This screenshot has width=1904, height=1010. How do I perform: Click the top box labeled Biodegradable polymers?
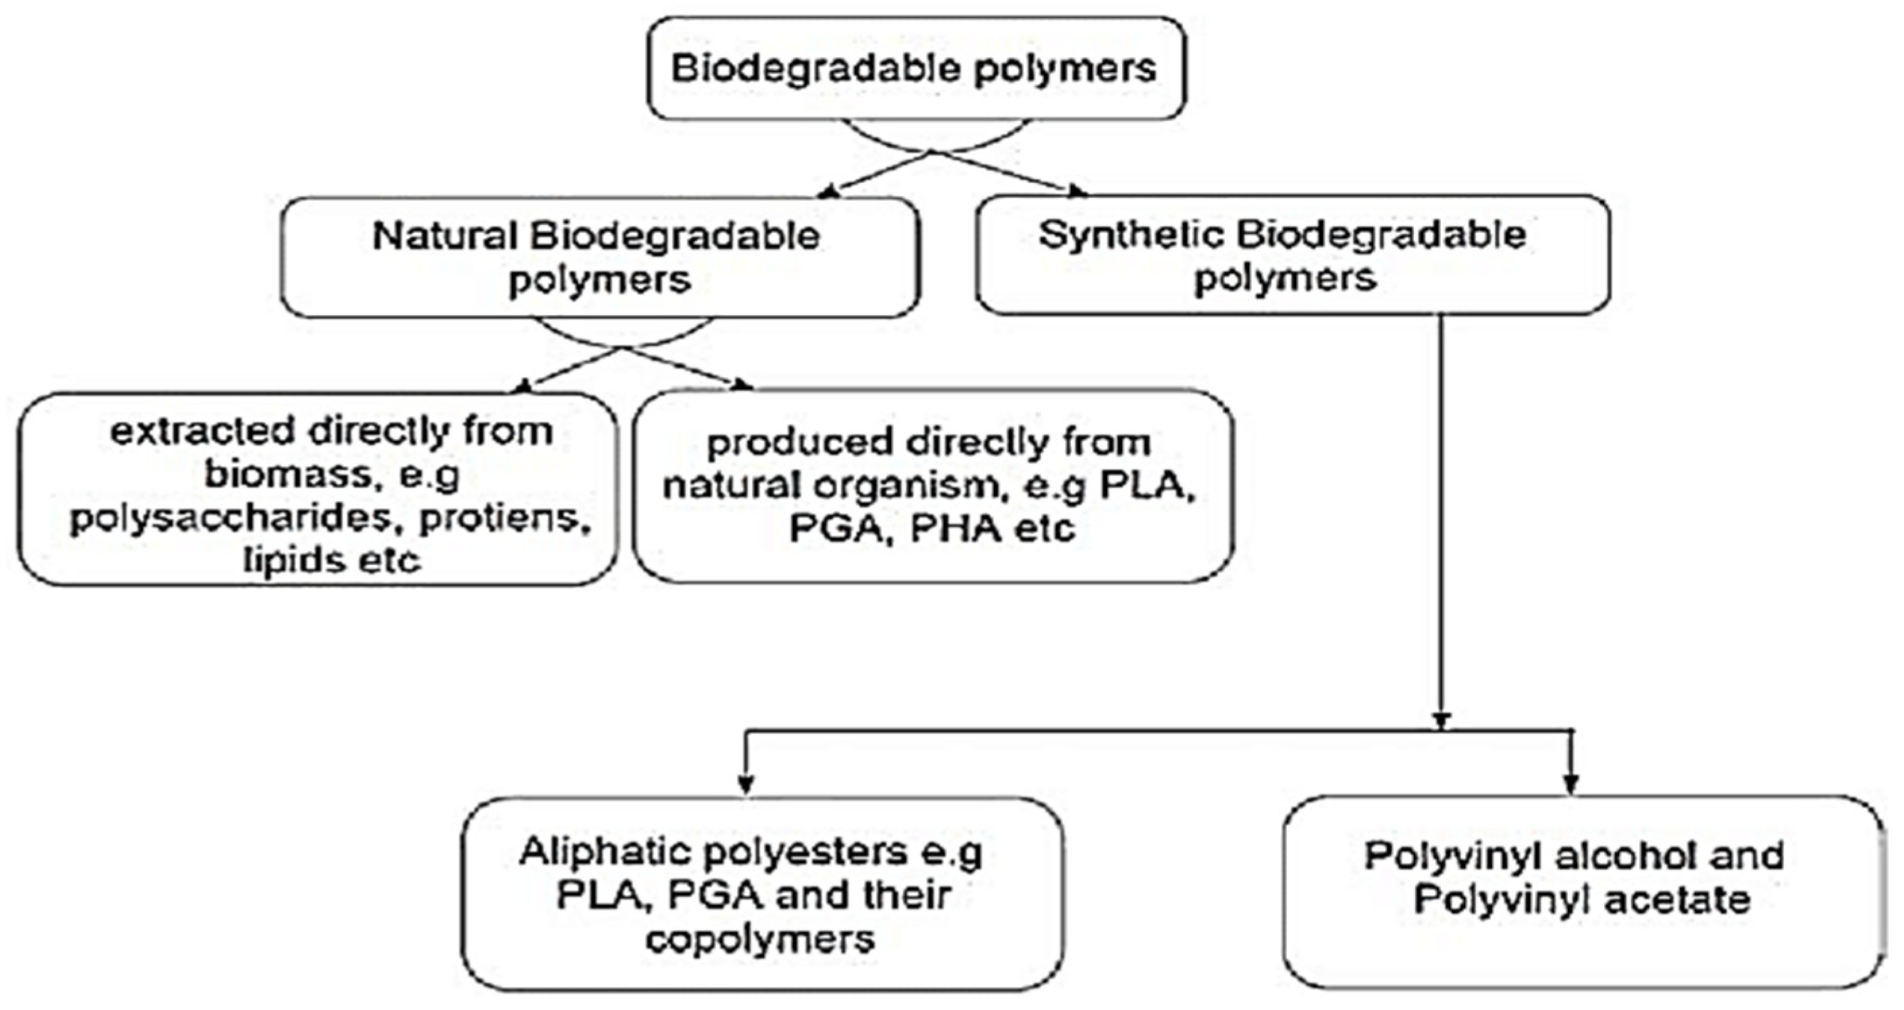coord(915,68)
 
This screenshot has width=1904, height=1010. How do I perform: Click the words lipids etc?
coord(332,560)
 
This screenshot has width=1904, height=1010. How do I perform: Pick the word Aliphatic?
coord(603,853)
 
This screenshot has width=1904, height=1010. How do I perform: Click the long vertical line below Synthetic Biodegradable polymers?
coord(1441,517)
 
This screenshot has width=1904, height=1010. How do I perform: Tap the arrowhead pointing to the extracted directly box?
coord(523,387)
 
